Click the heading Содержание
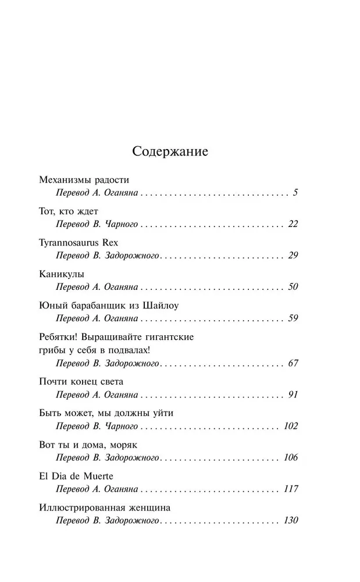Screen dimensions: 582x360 (170, 152)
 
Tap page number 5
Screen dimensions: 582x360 (295, 192)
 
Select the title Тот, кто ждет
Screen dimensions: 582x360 (68, 211)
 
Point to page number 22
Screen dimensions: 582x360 (293, 224)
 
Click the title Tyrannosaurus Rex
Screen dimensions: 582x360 (79, 242)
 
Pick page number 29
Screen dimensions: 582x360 (293, 255)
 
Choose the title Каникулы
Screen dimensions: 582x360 (62, 274)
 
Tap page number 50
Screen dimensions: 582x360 (293, 287)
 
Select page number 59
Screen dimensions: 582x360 (293, 319)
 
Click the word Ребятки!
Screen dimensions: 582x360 (60, 338)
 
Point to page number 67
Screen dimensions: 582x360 (293, 364)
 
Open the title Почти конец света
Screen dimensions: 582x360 (81, 382)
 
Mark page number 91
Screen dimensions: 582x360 (293, 395)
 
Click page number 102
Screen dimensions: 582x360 (290, 427)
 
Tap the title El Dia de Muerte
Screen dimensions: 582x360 (76, 476)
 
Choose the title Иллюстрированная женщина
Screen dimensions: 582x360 (105, 508)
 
